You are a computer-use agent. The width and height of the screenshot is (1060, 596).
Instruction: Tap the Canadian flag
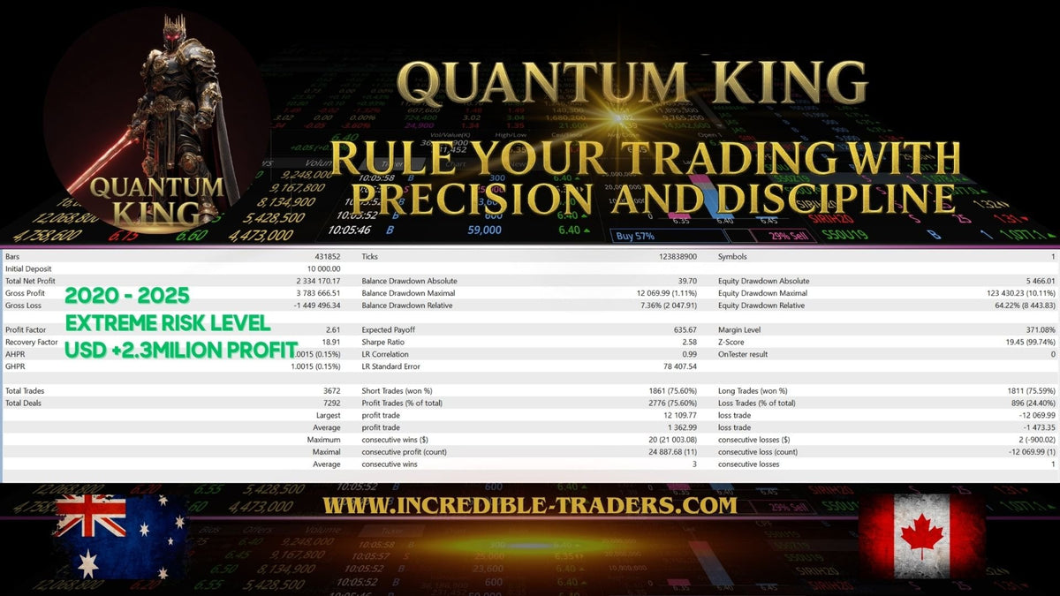(920, 535)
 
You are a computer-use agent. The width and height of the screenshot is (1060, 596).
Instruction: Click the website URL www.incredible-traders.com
(529, 506)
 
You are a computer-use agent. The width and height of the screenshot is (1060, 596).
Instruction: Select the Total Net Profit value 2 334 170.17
(310, 281)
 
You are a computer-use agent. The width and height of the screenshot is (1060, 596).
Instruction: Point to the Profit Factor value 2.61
(332, 329)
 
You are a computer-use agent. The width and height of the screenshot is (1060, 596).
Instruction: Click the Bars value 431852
(324, 256)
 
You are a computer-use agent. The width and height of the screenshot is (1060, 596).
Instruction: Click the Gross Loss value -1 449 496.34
(307, 306)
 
